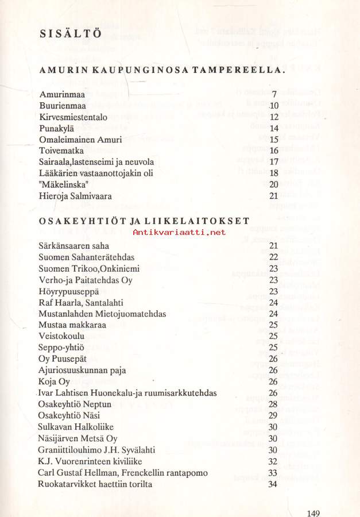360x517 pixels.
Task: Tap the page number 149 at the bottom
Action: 313,514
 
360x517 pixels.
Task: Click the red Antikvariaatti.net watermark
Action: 179,232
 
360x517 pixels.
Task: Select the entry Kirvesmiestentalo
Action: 73,117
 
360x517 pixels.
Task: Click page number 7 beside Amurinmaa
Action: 275,94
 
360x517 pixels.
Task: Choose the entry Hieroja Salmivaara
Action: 75,196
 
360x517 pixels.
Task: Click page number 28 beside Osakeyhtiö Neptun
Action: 273,404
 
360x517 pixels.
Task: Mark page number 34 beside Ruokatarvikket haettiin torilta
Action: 273,484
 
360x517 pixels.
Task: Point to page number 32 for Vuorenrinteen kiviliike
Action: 273,461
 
